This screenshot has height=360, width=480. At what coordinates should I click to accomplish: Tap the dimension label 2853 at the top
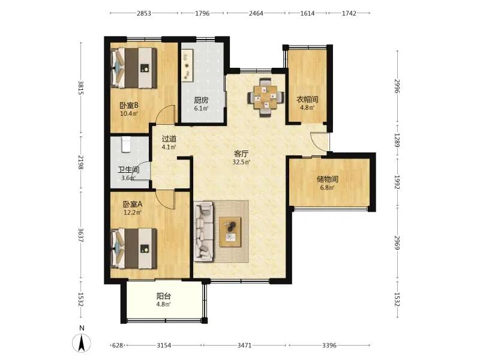[x=144, y=13]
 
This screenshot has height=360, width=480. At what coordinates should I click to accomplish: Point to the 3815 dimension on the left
[x=81, y=88]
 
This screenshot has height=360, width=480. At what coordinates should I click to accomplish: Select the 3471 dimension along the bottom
[x=244, y=346]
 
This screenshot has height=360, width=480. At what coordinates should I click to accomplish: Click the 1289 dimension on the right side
[x=397, y=140]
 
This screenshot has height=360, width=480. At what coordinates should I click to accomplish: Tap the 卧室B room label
[x=129, y=106]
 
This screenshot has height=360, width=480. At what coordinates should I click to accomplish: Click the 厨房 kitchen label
[x=201, y=100]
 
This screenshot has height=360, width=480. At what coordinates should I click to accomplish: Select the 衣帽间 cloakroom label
[x=307, y=100]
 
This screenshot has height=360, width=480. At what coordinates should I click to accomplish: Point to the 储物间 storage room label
[x=327, y=179]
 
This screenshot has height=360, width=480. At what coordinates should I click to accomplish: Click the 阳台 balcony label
[x=163, y=296]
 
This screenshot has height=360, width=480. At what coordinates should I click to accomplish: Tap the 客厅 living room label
[x=241, y=154]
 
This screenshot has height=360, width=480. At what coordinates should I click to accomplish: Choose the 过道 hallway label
[x=169, y=139]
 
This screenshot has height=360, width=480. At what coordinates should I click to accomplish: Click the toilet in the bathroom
[x=127, y=145]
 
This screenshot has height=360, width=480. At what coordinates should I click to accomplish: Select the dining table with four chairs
[x=266, y=97]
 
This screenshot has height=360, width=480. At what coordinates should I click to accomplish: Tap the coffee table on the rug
[x=230, y=232]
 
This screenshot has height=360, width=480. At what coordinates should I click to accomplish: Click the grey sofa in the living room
[x=203, y=231]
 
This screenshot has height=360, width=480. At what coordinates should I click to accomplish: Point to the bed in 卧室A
[x=134, y=248]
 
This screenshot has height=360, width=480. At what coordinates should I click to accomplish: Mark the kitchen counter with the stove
[x=187, y=65]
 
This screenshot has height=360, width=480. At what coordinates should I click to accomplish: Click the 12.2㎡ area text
[x=132, y=212]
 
